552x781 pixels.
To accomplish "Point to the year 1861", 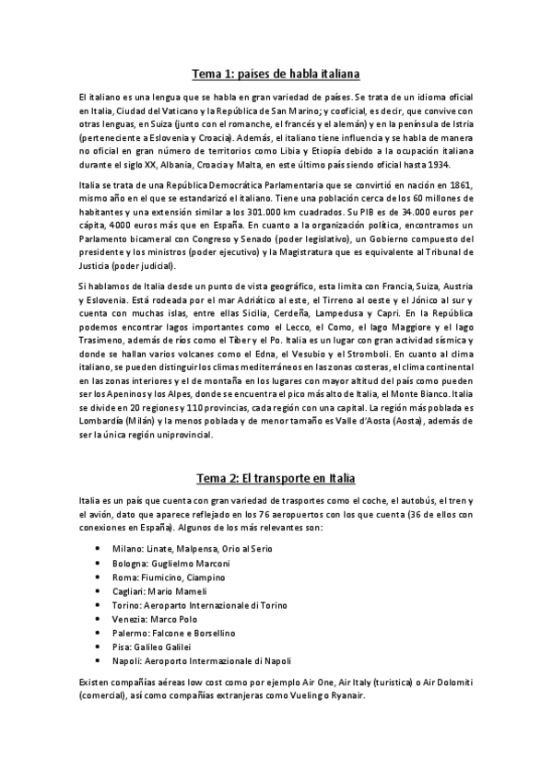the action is [458, 184].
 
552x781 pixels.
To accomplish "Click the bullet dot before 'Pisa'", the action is [123, 647].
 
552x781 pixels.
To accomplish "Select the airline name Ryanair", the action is [346, 695].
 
